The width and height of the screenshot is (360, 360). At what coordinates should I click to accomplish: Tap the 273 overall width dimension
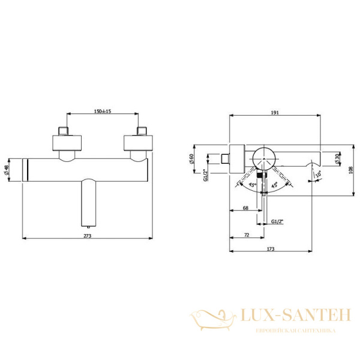point(88,235)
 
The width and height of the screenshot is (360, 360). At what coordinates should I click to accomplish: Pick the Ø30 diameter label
point(340,159)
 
